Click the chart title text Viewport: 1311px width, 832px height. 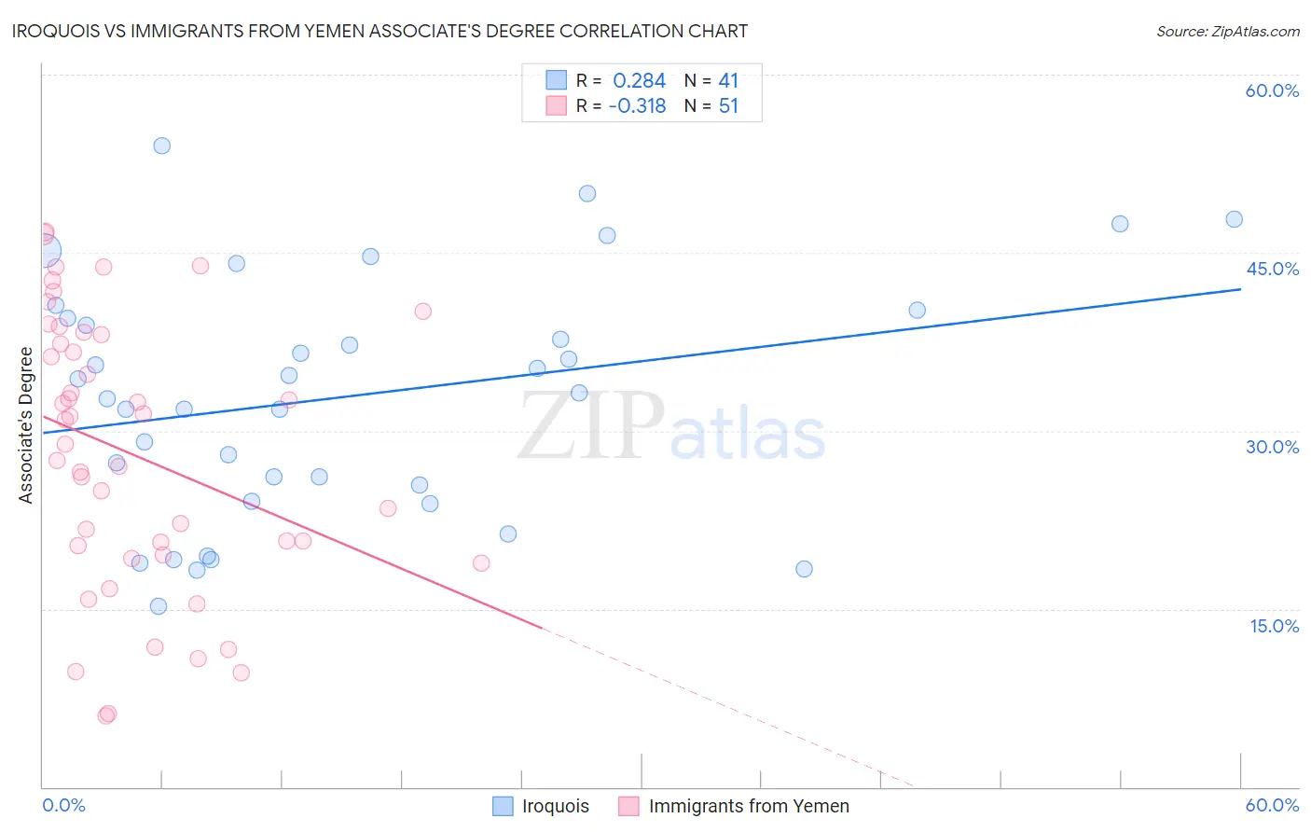coord(379,32)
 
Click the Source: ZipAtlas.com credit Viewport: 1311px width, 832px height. coord(1227,32)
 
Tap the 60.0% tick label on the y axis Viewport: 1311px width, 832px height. coord(1272,90)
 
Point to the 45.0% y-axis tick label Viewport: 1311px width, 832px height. coord(1272,269)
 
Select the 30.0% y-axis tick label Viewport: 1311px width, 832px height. coord(1272,447)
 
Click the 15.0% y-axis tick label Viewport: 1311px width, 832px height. coord(1274,626)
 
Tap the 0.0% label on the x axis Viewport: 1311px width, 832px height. coord(63,805)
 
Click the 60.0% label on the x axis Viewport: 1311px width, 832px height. coord(1272,805)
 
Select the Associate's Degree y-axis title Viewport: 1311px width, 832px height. coord(26,425)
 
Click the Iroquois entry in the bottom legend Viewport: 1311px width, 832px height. coord(555,806)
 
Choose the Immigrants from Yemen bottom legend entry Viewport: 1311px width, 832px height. coord(748,806)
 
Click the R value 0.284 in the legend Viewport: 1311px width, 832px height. coord(639,81)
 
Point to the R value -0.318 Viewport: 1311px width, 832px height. coord(637,106)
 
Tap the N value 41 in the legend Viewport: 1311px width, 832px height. coord(728,81)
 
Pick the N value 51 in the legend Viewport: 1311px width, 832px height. coord(728,106)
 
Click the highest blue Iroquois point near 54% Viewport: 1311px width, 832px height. coord(162,146)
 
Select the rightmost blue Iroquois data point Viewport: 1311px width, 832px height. coord(1234,219)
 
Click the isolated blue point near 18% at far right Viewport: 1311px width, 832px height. coord(804,569)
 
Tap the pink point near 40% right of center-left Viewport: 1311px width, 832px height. coord(423,312)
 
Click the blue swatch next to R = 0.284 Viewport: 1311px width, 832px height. coord(557,80)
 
